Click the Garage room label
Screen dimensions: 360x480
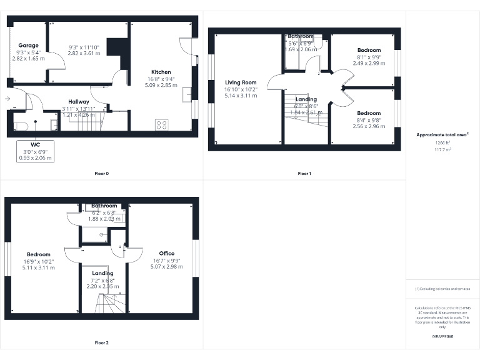[x=28, y=46]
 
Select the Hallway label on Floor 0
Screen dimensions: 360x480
[x=79, y=101]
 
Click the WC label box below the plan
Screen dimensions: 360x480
[x=35, y=144]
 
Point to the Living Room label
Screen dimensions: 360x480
[x=241, y=82]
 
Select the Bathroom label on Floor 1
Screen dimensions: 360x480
[x=301, y=37]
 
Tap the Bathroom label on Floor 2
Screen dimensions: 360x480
[x=104, y=206]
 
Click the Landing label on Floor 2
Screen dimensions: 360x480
[x=102, y=273]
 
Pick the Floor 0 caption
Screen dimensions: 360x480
[x=102, y=173]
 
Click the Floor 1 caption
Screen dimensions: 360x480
[x=304, y=173]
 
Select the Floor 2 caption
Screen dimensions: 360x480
[x=102, y=342]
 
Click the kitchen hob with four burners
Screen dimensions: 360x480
[x=161, y=124]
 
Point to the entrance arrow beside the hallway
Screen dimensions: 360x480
[x=7, y=99]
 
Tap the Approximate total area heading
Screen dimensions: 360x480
[x=442, y=134]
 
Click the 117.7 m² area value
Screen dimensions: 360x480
[x=442, y=149]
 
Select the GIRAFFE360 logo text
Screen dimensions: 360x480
[x=442, y=337]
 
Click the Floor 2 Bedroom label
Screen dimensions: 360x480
[x=38, y=254]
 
